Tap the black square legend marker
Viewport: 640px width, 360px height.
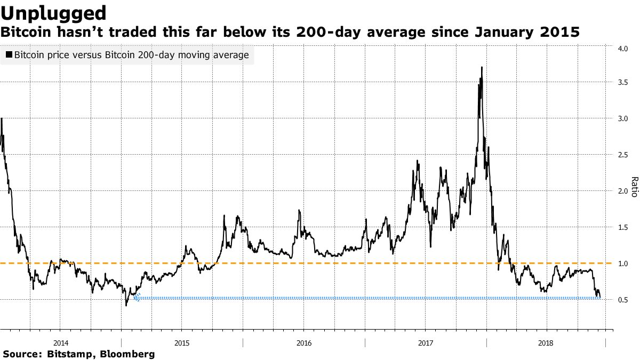point(9,55)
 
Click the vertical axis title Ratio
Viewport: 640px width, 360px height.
point(634,187)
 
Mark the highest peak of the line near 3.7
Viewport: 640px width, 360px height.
point(482,67)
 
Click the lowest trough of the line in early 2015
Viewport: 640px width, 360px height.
point(126,305)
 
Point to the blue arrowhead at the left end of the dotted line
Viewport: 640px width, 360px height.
point(137,298)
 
